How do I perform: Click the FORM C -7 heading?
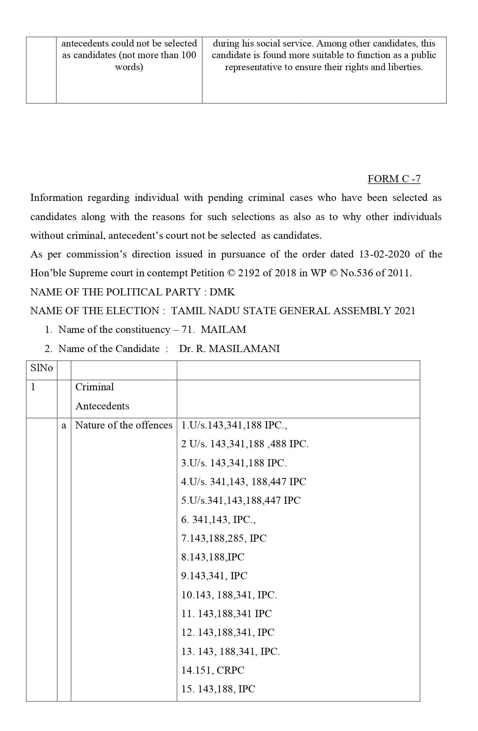coord(394,179)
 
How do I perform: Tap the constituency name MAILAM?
coord(223,330)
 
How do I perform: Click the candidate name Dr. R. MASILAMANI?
coord(229,349)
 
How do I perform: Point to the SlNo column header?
coord(41,368)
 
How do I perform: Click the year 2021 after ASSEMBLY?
coord(405,311)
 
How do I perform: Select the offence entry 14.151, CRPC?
coord(213,670)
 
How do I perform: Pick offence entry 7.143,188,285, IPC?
coord(224,538)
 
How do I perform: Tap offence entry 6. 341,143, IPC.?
coord(218,520)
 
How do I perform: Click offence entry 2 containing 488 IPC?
coord(245,444)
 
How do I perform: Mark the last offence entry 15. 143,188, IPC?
coord(218,689)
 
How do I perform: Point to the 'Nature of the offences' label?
coord(124,425)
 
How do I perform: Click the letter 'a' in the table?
coord(64,425)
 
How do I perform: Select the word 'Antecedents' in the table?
coord(102,406)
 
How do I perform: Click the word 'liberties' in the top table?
coord(406,67)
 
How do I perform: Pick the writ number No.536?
coord(355,273)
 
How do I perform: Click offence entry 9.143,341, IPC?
coord(214,576)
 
